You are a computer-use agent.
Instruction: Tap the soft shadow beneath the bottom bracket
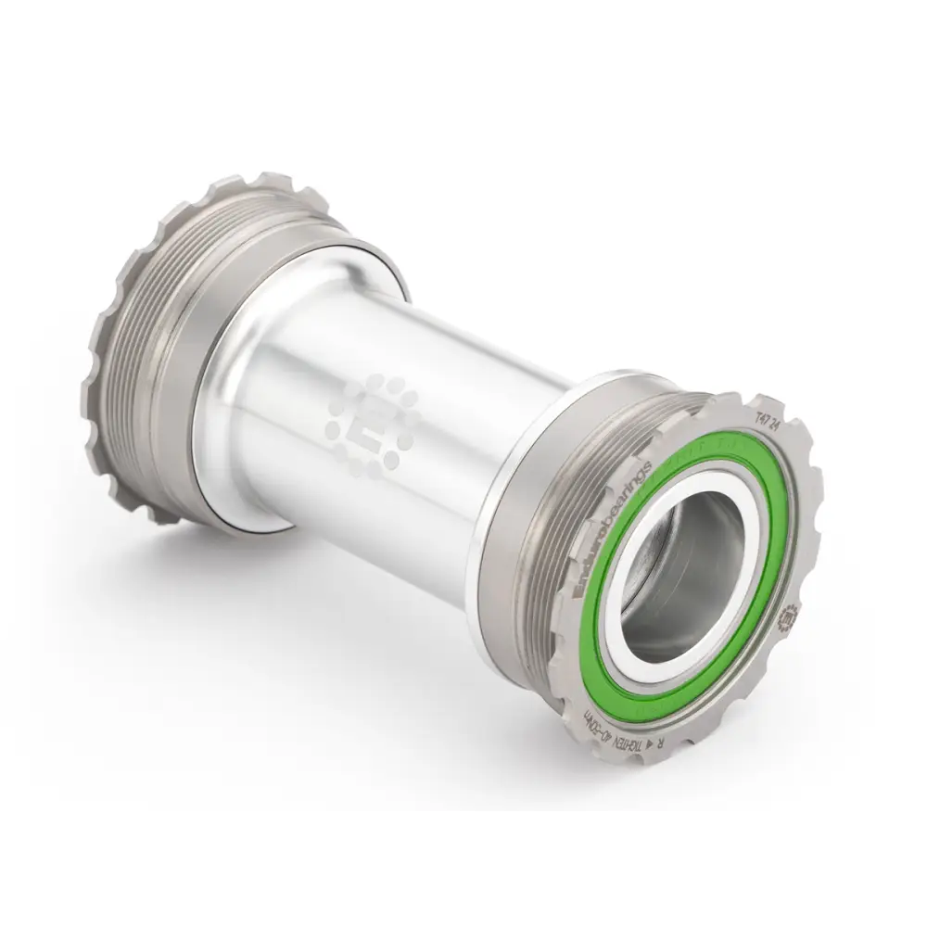point(371,649)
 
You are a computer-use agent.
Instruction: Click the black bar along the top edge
point(463,56)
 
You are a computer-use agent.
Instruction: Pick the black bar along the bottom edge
point(463,871)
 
